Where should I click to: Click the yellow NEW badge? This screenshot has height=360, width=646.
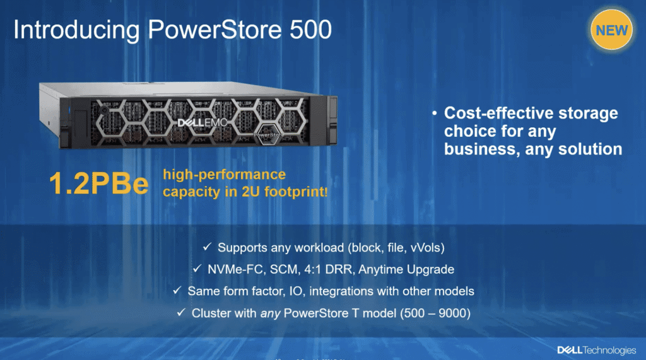tap(612, 30)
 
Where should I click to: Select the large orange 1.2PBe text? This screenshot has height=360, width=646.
tap(99, 183)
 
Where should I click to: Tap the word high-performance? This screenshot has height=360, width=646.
tap(224, 174)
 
